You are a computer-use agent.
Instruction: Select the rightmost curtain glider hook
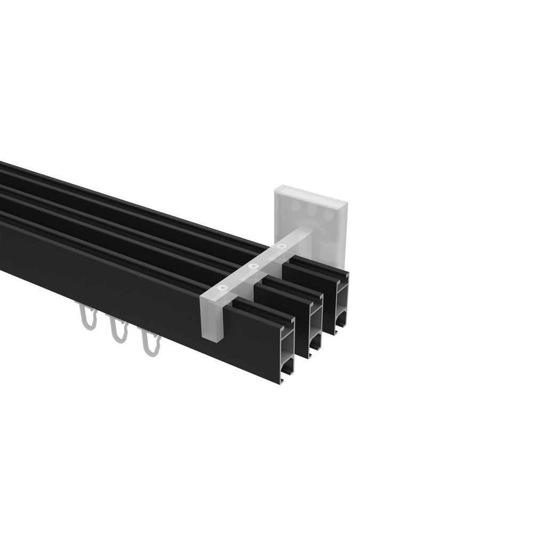[x=150, y=343]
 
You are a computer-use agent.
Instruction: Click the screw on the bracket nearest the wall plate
[x=282, y=247]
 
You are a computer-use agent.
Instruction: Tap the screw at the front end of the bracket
[x=222, y=288]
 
